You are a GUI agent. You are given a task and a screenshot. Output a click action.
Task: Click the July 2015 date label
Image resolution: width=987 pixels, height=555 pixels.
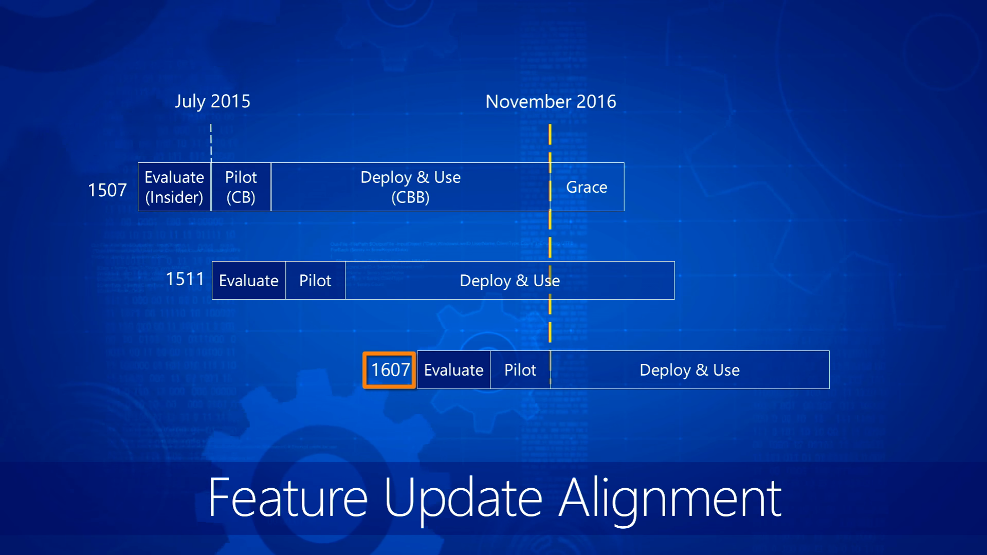pos(212,101)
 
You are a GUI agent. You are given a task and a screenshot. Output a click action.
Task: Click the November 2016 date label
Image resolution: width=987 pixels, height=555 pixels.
pos(551,101)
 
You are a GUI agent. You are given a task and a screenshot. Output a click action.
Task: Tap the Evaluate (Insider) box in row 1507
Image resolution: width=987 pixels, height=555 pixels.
pos(174,187)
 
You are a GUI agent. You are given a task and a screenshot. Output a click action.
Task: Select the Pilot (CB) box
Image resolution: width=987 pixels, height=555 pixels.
pos(241,187)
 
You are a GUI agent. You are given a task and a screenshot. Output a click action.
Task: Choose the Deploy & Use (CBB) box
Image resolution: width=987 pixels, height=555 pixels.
pos(410,187)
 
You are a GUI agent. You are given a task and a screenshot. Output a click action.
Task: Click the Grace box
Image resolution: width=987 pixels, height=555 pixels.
pos(587,187)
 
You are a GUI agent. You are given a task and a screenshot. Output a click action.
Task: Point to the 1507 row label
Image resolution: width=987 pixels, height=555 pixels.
pos(107,190)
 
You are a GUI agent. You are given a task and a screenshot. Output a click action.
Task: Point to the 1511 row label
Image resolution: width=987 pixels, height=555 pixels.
pos(185,279)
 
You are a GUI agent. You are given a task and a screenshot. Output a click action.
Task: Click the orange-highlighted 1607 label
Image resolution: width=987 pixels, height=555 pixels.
pos(390,370)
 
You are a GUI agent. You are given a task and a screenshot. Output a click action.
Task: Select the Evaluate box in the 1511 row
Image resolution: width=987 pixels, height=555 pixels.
pos(249,280)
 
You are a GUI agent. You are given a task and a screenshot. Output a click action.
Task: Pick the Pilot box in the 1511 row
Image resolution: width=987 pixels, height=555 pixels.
pos(315,280)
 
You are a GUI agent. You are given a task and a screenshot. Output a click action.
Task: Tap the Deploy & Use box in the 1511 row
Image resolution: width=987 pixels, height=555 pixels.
pos(510,280)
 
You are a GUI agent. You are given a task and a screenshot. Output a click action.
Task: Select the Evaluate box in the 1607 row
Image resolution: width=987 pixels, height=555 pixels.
pos(453,369)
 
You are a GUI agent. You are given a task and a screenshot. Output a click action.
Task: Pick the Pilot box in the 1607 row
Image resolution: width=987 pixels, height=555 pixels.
pos(520,369)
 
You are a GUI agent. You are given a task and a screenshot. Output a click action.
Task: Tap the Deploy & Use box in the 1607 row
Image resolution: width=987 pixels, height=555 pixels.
pos(690,369)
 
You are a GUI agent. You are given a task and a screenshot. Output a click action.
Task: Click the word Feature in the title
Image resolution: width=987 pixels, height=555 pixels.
pos(288,497)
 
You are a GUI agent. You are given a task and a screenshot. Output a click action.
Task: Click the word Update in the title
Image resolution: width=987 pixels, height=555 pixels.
pos(463,501)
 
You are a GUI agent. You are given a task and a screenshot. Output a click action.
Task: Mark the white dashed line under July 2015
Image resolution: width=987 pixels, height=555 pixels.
pos(211,143)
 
